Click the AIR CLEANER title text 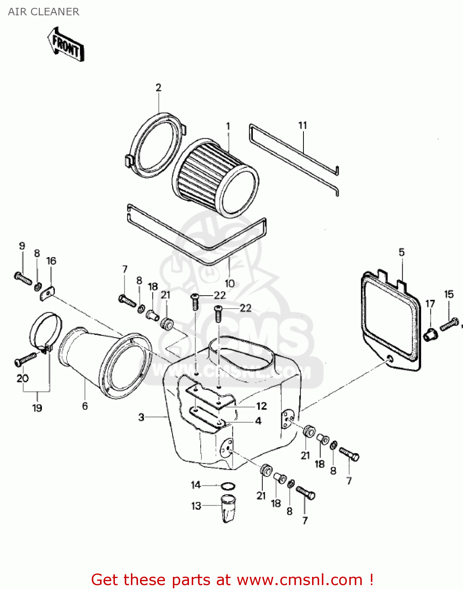44,12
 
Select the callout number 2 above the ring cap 158,88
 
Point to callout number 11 303,125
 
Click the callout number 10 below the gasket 230,283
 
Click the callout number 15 449,294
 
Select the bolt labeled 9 23,278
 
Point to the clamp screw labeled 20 25,359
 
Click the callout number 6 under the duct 85,406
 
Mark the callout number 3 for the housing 142,417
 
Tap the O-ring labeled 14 228,487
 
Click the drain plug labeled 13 228,508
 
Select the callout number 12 261,406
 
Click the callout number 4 258,421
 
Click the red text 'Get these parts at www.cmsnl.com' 232,580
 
